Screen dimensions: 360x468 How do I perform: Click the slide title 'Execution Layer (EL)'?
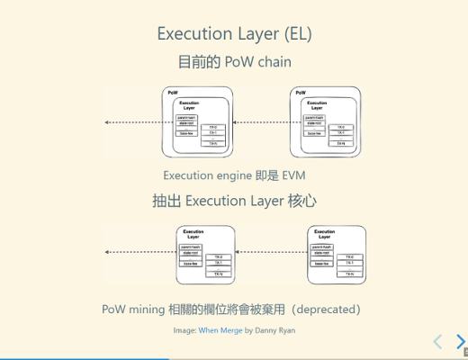[x=234, y=34]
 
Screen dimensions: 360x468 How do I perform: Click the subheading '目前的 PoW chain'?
[x=234, y=62]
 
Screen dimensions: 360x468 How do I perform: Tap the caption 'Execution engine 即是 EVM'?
[x=234, y=175]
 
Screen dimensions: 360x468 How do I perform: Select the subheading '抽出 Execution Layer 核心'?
[x=234, y=201]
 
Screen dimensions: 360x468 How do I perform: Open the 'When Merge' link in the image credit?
[x=220, y=330]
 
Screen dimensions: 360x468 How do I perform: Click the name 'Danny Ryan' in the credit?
[x=275, y=330]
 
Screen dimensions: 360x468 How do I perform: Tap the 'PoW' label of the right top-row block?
[x=301, y=93]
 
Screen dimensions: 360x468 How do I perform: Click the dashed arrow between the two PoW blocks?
[x=261, y=122]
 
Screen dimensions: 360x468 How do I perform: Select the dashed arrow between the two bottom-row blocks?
[x=270, y=253]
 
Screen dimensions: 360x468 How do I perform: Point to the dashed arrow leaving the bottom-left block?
[x=139, y=253]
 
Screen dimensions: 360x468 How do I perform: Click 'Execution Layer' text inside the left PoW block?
[x=189, y=105]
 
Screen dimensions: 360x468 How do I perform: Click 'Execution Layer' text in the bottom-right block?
[x=324, y=235]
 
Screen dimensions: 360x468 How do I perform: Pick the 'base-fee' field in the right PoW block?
[x=315, y=133]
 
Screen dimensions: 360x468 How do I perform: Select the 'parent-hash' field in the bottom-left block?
[x=191, y=247]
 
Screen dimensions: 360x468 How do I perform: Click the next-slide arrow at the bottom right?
[x=461, y=342]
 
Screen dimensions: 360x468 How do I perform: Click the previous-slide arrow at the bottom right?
[x=438, y=342]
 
